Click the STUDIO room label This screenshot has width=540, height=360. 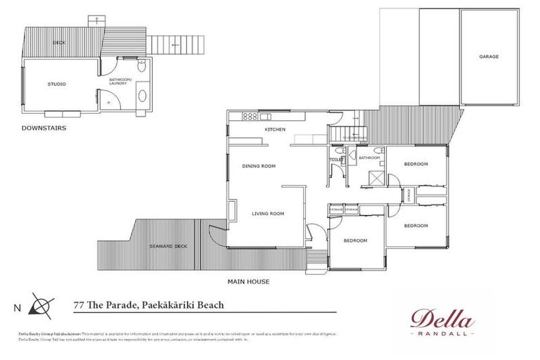57,84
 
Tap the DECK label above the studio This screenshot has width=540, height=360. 59,44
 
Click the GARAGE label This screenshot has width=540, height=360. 489,56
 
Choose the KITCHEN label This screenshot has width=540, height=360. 274,130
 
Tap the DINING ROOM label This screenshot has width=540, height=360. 259,166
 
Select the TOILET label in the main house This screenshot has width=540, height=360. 336,160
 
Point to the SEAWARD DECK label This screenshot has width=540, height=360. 168,246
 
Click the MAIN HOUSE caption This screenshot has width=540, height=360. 248,281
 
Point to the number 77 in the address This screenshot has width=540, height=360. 79,305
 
